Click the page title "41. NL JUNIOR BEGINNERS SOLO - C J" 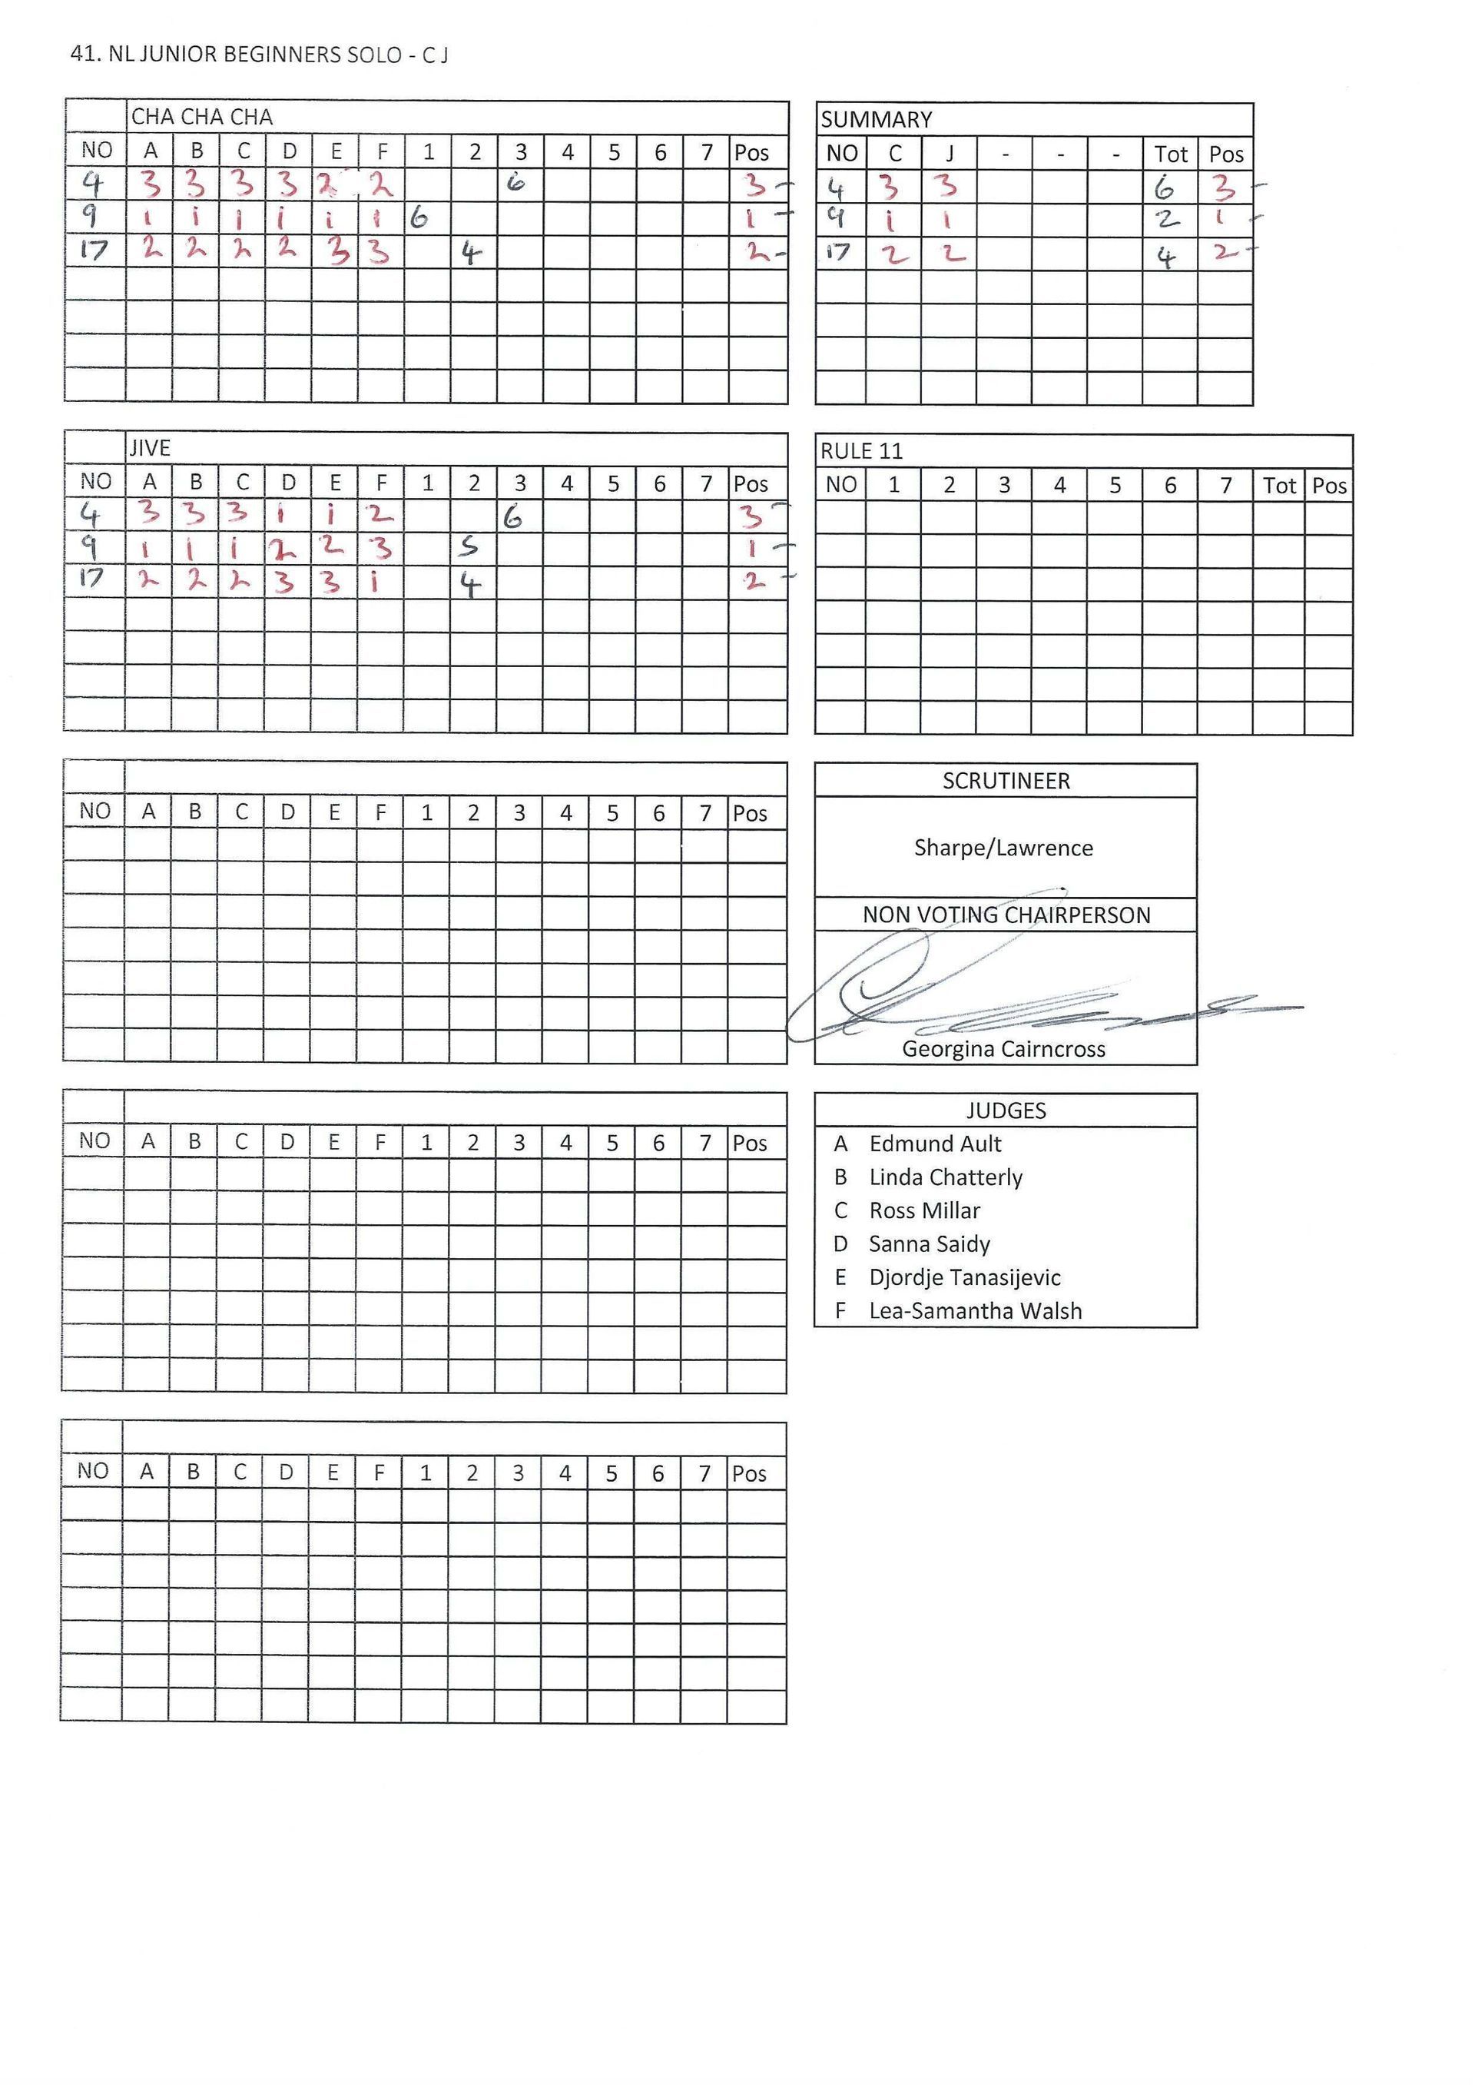coord(259,55)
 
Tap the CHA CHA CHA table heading coord(201,117)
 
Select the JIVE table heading coord(150,448)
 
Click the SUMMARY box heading coord(876,120)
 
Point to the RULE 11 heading coord(861,452)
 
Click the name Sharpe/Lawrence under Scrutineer coord(1003,848)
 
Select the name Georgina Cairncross coord(1003,1049)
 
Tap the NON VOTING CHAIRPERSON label coord(1006,915)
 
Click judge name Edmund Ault coord(935,1144)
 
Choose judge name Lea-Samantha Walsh coord(975,1311)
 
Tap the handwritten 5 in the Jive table coord(468,546)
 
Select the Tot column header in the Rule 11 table coord(1279,486)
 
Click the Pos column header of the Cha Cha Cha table coord(751,153)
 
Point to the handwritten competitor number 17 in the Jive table coord(91,579)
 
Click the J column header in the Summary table coord(949,154)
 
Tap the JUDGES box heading coord(1006,1111)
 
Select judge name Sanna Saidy coord(928,1243)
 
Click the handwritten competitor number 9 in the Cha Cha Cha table coord(91,216)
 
